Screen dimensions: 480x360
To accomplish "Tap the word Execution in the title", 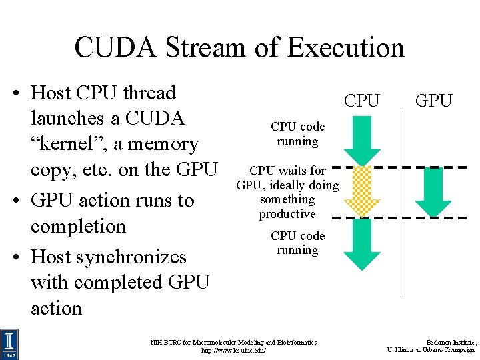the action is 346,48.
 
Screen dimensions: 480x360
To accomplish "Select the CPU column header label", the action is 361,101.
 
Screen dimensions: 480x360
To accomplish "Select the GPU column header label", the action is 433,101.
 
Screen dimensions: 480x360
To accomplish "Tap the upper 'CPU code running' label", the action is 297,134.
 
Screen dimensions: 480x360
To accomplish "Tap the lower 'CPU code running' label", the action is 297,243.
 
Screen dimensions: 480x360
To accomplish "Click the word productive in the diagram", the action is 287,214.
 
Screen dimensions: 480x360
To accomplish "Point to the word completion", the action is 78,226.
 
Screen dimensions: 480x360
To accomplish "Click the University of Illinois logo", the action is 9,344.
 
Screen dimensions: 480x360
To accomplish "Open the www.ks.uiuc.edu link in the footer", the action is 234,350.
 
